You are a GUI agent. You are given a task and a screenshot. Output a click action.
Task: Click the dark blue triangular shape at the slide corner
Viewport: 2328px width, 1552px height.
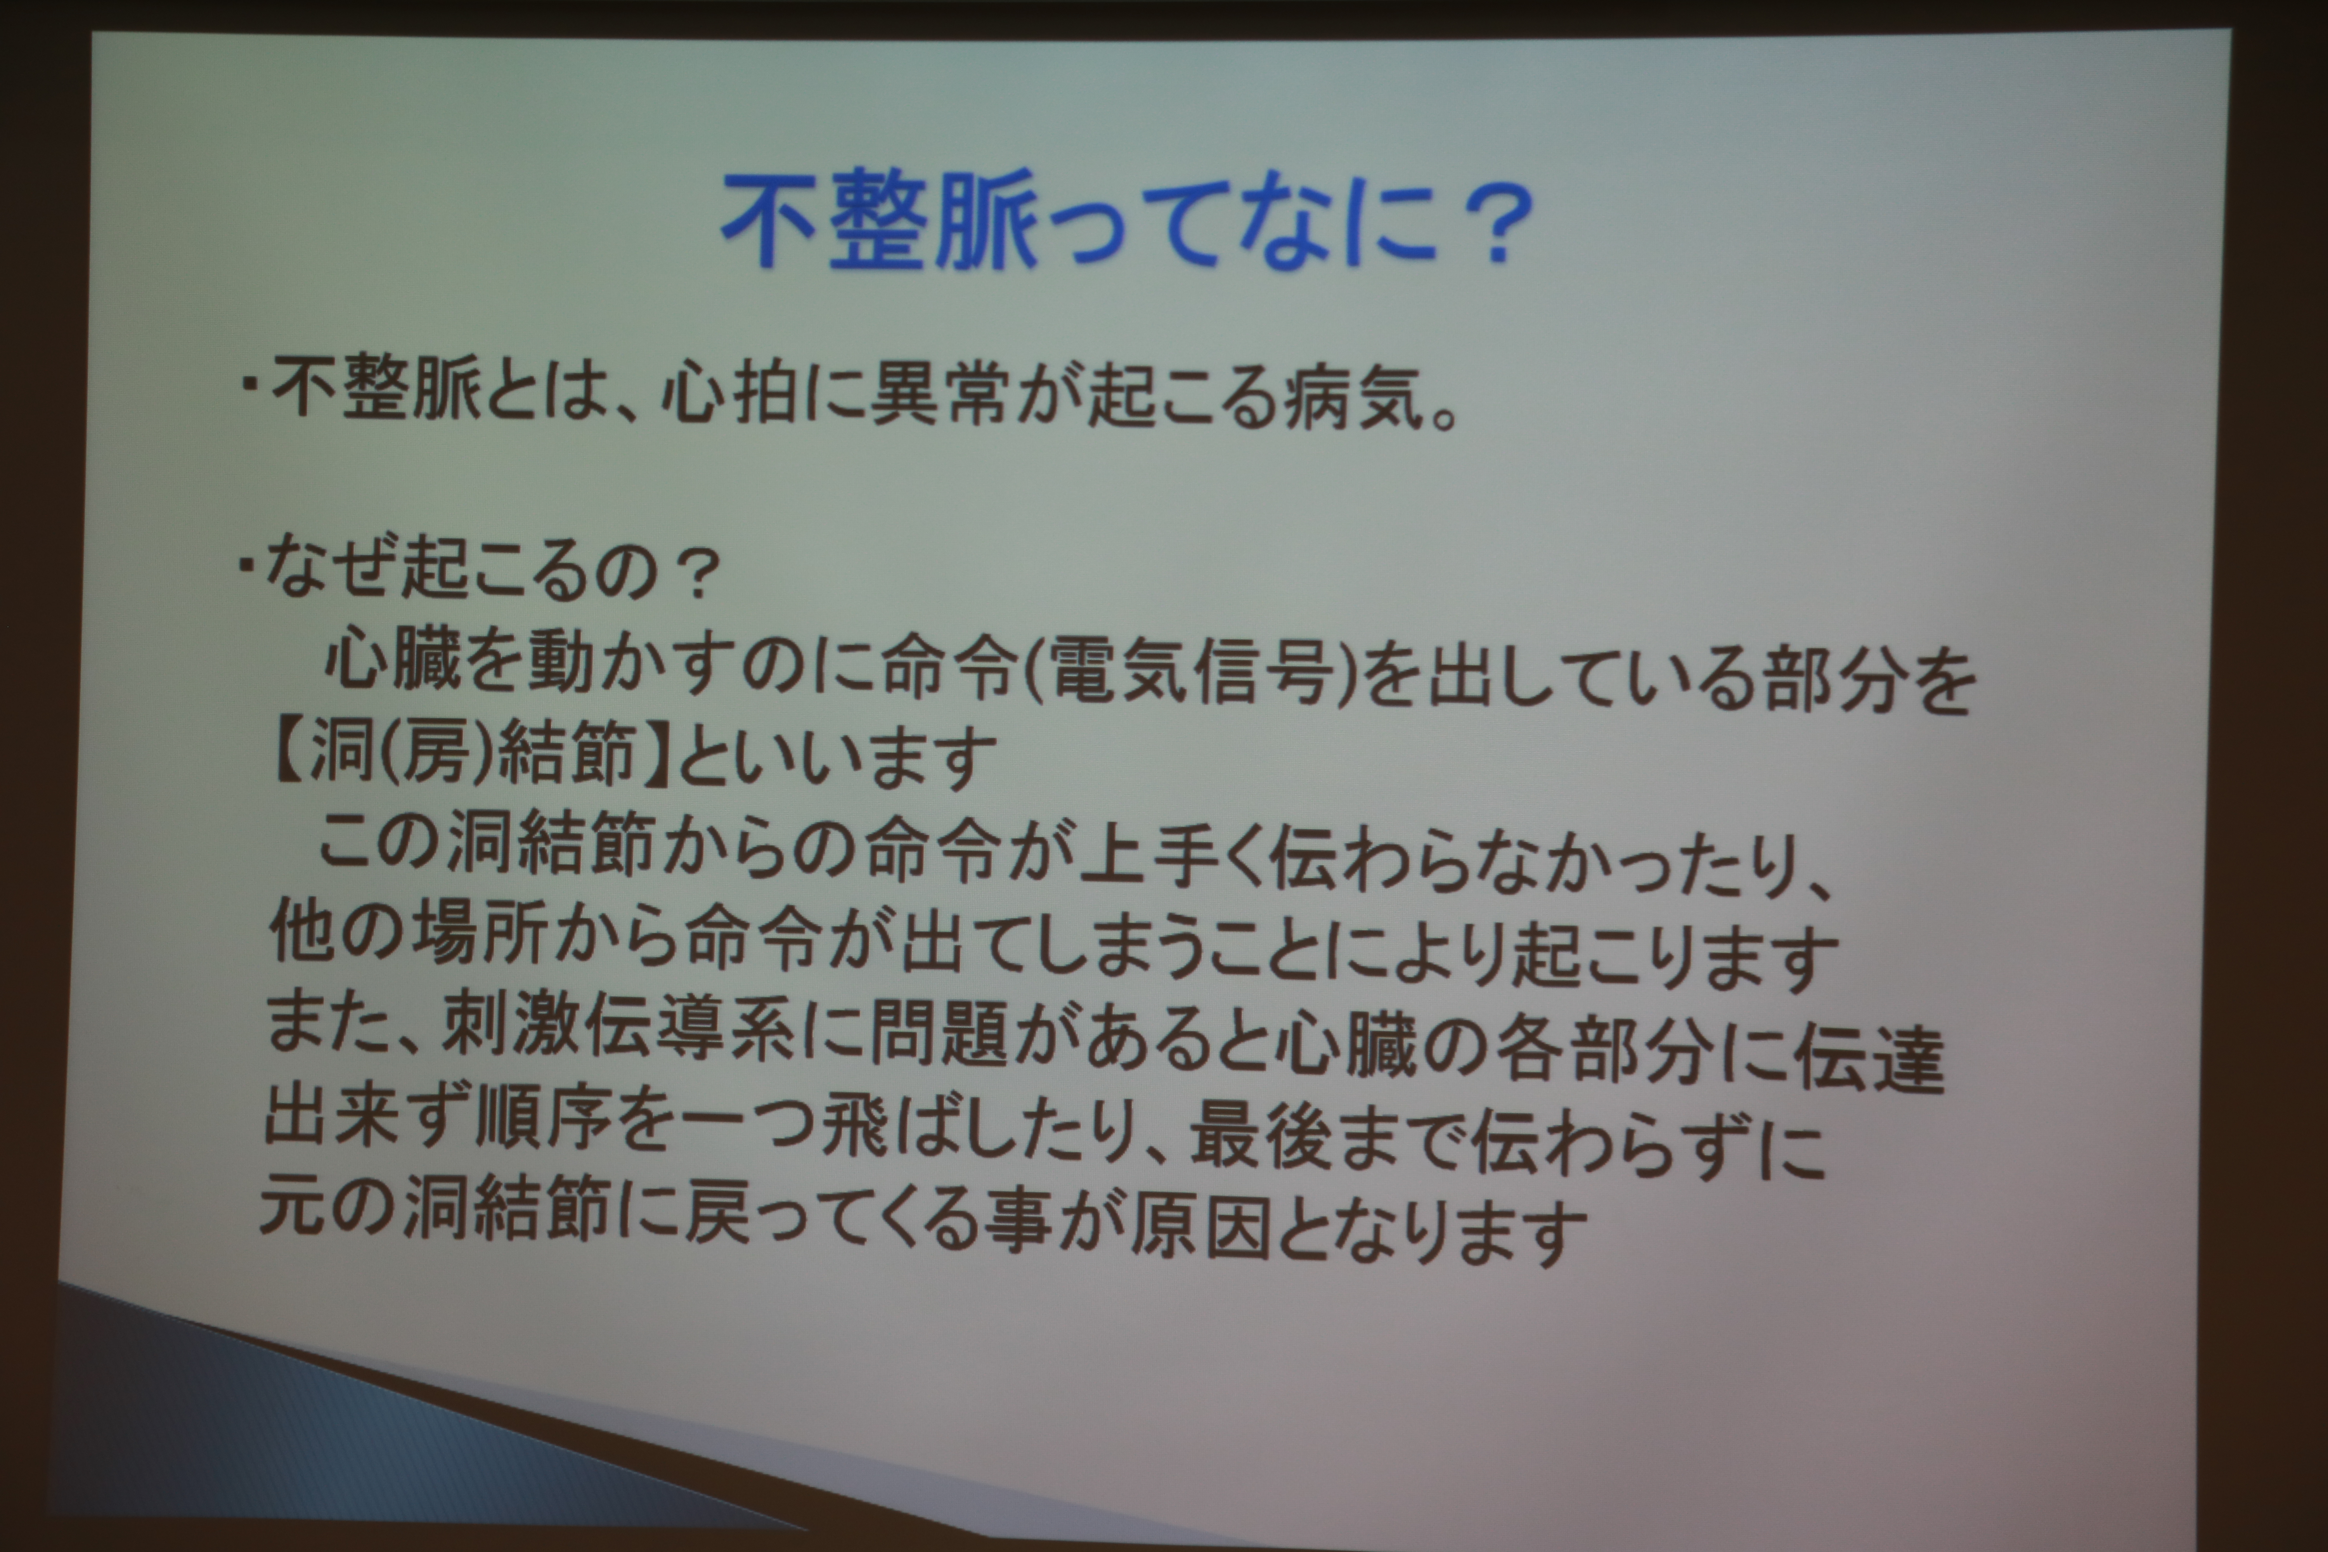[297, 1425]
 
